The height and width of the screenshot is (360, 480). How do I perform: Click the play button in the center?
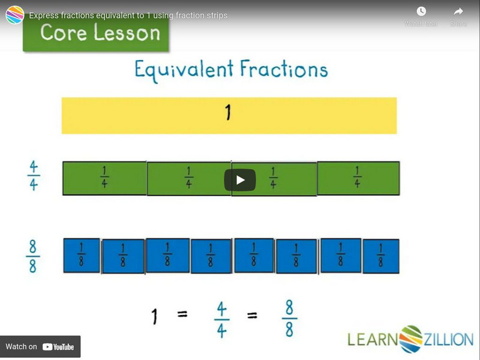[240, 180]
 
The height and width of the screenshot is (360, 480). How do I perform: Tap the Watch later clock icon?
[421, 11]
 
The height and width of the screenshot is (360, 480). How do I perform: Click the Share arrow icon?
[458, 11]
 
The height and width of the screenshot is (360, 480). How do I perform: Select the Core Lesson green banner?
[96, 32]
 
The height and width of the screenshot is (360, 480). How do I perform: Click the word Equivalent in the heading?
[184, 70]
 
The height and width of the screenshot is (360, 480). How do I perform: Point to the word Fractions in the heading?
[284, 68]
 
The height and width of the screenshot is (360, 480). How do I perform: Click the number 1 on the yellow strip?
[228, 112]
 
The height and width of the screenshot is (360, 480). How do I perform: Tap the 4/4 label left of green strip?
[34, 176]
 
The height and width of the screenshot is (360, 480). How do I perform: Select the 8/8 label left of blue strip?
[33, 256]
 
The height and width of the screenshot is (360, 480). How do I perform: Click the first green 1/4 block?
[104, 178]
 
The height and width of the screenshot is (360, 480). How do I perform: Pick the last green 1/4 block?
[358, 178]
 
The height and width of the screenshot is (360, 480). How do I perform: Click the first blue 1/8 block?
[82, 256]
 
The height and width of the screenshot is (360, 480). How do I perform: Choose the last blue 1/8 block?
[381, 256]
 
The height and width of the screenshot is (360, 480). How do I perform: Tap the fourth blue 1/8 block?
[211, 256]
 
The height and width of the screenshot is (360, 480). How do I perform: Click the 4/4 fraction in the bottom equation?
[221, 319]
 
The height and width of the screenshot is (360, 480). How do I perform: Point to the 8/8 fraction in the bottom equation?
[289, 319]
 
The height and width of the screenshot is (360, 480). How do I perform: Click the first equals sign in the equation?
[182, 314]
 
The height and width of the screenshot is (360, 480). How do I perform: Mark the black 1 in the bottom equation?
[155, 316]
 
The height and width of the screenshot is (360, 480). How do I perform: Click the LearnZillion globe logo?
[411, 339]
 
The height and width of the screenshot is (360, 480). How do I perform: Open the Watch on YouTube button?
[40, 347]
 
